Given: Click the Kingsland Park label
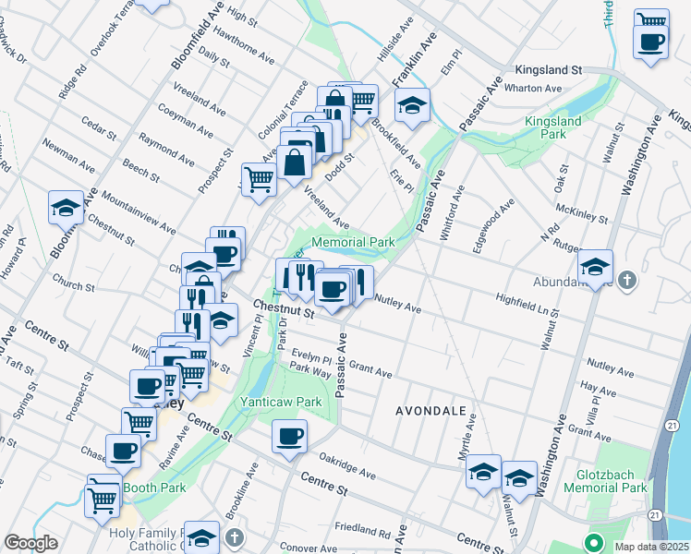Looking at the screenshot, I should [552, 128].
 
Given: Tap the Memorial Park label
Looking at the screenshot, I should [353, 242].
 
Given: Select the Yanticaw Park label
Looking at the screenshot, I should [281, 402].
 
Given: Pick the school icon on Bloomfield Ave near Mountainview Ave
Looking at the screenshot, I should [67, 209].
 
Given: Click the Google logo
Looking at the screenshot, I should [30, 543].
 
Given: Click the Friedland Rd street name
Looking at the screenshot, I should [362, 531].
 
